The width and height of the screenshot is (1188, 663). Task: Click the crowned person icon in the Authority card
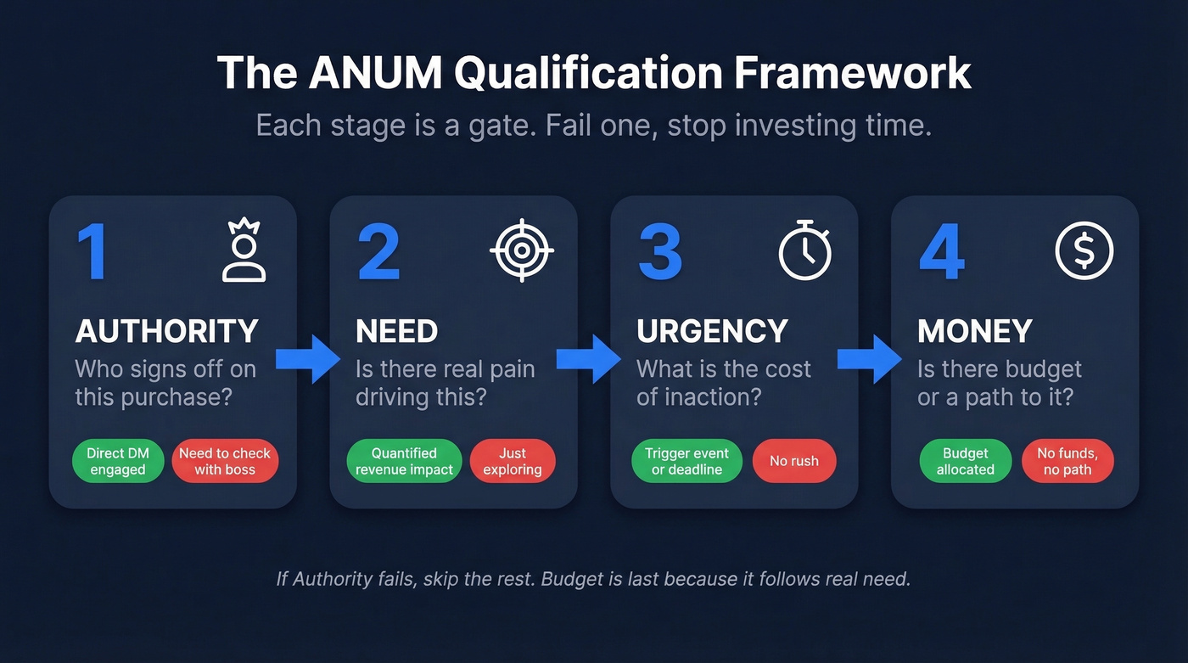pyautogui.click(x=244, y=250)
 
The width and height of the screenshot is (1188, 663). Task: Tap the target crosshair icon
pyautogui.click(x=522, y=250)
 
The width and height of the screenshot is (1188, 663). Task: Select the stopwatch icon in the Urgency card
pyautogui.click(x=805, y=250)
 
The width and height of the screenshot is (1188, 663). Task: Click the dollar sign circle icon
pyautogui.click(x=1084, y=250)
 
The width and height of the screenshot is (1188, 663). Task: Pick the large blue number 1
pyautogui.click(x=92, y=252)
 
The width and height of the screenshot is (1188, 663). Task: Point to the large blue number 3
pyautogui.click(x=659, y=252)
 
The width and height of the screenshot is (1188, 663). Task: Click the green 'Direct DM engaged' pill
pyautogui.click(x=118, y=462)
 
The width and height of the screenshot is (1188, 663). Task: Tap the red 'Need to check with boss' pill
pyautogui.click(x=225, y=462)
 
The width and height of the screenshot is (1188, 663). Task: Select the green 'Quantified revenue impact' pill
pyautogui.click(x=404, y=462)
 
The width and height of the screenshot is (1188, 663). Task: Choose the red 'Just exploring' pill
pyautogui.click(x=513, y=462)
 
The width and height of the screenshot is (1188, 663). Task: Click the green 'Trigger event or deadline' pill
pyautogui.click(x=686, y=462)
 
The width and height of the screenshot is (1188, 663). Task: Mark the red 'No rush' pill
pyautogui.click(x=794, y=462)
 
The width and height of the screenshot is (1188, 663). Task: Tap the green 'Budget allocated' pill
pyautogui.click(x=966, y=462)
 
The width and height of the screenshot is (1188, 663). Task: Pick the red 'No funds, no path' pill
pyautogui.click(x=1068, y=462)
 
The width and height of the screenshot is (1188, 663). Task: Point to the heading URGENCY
pyautogui.click(x=712, y=331)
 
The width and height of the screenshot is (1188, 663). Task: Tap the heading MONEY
pyautogui.click(x=974, y=331)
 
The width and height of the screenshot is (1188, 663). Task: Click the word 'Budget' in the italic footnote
pyautogui.click(x=571, y=580)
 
